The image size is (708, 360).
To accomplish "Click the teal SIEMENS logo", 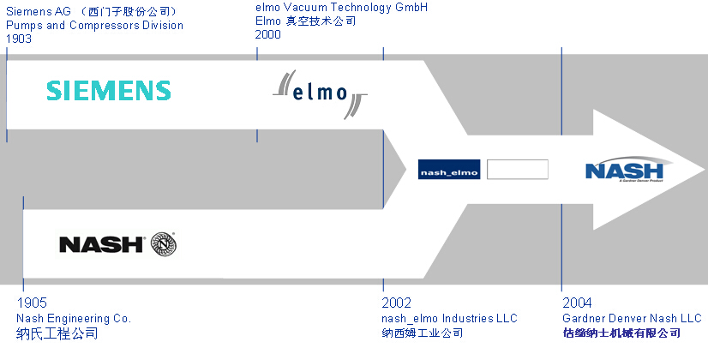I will coord(109,90).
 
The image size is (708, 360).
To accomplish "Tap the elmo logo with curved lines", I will coord(320,92).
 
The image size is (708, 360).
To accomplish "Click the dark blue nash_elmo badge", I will coord(450,170).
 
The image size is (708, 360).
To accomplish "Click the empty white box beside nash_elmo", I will coord(517,170).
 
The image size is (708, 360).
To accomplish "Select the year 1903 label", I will coord(21,39).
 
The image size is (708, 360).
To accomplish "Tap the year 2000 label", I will coord(268,34).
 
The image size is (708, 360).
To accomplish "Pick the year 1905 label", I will coord(32,303).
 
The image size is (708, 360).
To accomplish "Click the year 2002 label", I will coord(397,303).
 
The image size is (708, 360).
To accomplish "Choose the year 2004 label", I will coord(577,303).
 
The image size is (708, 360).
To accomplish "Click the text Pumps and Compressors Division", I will coord(94,25).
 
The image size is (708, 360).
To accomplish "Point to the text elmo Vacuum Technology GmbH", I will coord(341,8).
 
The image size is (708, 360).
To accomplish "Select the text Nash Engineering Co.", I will coord(74,318).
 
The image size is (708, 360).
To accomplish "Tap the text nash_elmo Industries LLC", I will coord(450,318).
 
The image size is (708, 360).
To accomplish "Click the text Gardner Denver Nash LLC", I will coord(632,318).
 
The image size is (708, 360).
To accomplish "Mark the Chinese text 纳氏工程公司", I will coord(57,333).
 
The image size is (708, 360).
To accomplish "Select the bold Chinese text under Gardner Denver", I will coord(621,333).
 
